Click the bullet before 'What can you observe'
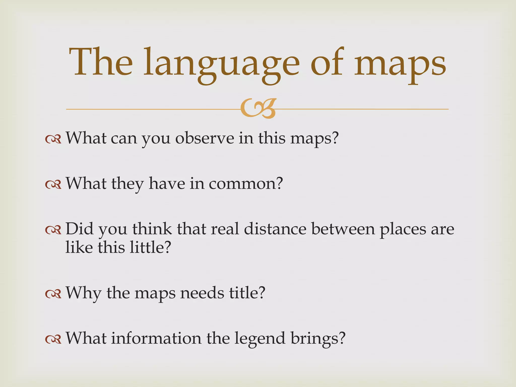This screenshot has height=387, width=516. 53,139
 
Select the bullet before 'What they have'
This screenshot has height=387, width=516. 53,185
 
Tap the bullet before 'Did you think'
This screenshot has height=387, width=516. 53,230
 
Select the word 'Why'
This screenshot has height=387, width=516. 83,294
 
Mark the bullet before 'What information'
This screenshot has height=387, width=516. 53,339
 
